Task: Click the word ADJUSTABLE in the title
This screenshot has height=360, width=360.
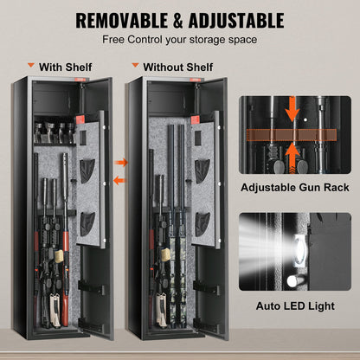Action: [x=235, y=19]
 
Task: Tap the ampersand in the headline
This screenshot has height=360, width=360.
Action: [x=177, y=19]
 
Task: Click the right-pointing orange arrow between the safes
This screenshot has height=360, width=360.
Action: [x=121, y=162]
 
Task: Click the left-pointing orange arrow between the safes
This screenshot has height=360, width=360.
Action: [x=119, y=180]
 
